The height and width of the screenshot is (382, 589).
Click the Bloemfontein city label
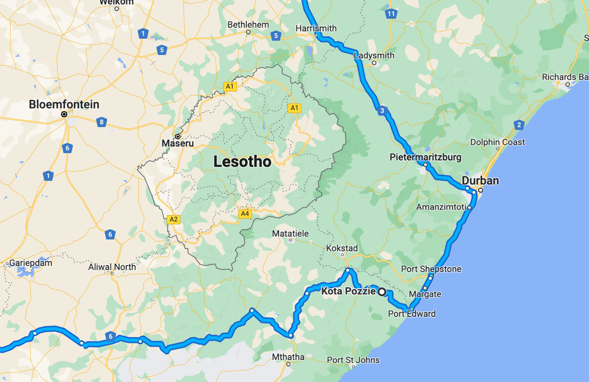[64, 105]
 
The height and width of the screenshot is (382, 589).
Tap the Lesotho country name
[242, 162]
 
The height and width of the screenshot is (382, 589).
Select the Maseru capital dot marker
[178, 136]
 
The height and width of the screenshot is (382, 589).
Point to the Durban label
[480, 181]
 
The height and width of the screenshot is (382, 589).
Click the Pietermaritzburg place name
[425, 157]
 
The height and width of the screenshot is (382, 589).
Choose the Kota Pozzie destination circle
[382, 292]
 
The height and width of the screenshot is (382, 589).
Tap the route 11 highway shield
[391, 13]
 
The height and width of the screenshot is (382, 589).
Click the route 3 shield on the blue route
[382, 110]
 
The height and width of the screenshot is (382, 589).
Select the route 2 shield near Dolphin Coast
[519, 125]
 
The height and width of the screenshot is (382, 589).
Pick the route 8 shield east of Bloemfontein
[101, 122]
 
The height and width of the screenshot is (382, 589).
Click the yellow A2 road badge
[174, 220]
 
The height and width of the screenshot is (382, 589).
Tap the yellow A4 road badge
[245, 213]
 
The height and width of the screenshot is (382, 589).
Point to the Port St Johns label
[353, 360]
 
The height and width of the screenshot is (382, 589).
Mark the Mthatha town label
[288, 357]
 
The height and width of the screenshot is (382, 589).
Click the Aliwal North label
[112, 267]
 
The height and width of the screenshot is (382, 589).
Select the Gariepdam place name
[31, 263]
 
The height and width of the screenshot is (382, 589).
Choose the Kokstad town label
[342, 248]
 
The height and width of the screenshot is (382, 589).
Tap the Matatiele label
[290, 234]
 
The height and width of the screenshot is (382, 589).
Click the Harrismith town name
[316, 29]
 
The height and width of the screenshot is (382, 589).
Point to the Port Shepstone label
[431, 269]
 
